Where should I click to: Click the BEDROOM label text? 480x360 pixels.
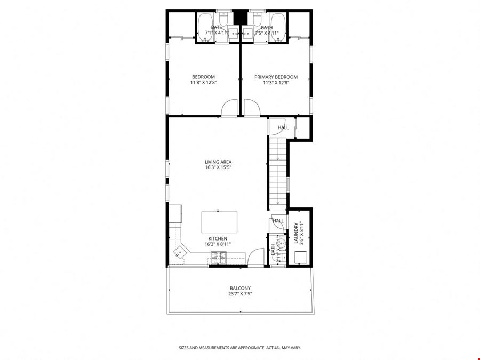(203, 77)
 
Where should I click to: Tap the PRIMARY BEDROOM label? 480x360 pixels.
(276, 77)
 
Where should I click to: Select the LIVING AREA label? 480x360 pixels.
(218, 162)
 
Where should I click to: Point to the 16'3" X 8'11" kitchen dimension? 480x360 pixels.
(218, 244)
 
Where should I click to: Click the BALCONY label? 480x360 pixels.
(240, 288)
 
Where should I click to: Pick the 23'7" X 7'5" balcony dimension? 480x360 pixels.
(240, 294)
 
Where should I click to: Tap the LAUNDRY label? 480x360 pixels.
(296, 233)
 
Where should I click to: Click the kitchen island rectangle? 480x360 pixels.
(219, 222)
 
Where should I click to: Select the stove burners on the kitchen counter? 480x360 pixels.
(219, 258)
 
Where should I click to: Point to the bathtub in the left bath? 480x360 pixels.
(203, 27)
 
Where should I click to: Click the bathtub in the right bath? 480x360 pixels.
(278, 27)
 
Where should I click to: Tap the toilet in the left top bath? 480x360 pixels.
(222, 18)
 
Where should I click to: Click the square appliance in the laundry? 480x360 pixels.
(301, 257)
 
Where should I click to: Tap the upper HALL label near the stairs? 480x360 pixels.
(283, 127)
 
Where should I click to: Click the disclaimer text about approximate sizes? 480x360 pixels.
(240, 348)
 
